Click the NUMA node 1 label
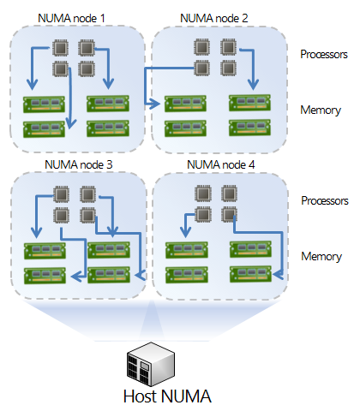click(71, 18)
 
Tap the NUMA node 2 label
click(214, 18)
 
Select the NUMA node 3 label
click(79, 164)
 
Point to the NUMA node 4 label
click(221, 164)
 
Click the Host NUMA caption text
click(167, 396)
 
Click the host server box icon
click(151, 364)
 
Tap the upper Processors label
click(324, 54)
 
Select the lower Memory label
click(321, 256)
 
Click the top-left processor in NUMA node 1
click(60, 48)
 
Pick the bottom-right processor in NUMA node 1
click(87, 68)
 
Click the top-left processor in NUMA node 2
click(201, 47)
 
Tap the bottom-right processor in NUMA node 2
click(228, 68)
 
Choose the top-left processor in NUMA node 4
click(203, 194)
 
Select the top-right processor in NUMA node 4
click(230, 194)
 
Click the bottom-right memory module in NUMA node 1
click(108, 128)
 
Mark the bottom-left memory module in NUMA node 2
click(186, 128)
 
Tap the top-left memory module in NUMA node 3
click(45, 251)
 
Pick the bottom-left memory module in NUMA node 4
click(187, 275)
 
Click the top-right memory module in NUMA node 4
click(251, 249)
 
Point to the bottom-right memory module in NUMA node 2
click(249, 128)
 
